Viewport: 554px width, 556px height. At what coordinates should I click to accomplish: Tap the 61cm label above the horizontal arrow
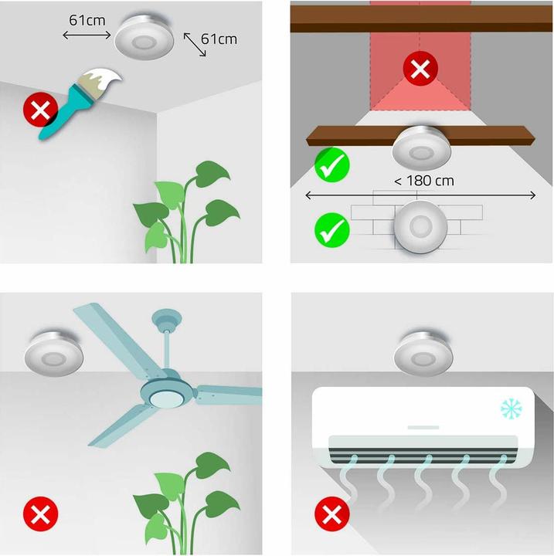[87, 19]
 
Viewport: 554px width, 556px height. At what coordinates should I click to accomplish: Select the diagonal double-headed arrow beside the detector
[195, 46]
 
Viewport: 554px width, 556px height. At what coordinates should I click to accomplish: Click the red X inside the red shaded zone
[420, 70]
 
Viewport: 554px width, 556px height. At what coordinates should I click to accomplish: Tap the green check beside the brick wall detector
[331, 229]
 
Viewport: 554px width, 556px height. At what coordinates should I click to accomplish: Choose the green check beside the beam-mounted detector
[331, 164]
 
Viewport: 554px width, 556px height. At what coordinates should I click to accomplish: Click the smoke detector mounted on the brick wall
[420, 225]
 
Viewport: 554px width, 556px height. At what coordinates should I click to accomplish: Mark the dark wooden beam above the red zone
[420, 19]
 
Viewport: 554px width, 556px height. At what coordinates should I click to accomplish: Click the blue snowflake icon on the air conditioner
[509, 408]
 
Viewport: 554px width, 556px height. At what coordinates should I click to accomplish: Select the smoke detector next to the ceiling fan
[55, 354]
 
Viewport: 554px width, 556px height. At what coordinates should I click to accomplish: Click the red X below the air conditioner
[331, 514]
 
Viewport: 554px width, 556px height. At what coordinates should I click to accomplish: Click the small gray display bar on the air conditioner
[423, 425]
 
